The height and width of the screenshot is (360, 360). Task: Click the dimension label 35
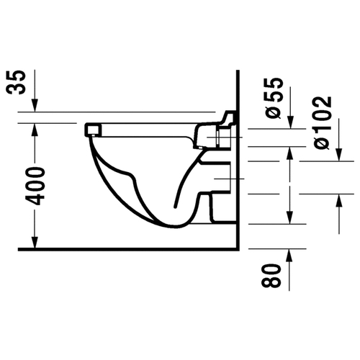(x=17, y=82)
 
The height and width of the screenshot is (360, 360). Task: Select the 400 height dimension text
(x=36, y=186)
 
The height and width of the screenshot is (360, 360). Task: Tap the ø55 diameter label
(x=274, y=98)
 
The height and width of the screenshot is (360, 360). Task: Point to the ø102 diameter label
(x=323, y=123)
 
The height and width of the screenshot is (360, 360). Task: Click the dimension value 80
(x=271, y=276)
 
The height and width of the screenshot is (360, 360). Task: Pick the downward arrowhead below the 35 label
(x=35, y=105)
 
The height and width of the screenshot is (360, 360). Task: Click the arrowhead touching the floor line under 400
(x=35, y=243)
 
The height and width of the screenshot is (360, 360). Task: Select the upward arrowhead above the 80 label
(x=289, y=256)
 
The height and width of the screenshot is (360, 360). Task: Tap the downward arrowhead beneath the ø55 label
(x=291, y=122)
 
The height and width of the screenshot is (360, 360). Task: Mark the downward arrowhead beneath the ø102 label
(x=339, y=155)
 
